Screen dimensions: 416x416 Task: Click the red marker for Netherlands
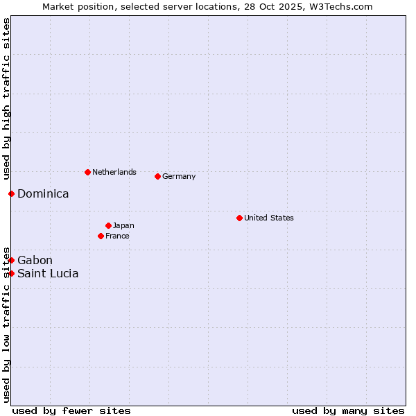(x=87, y=172)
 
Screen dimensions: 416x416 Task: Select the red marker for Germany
(x=157, y=176)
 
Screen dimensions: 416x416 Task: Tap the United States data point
(x=239, y=218)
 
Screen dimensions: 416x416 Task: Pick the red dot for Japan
(x=108, y=225)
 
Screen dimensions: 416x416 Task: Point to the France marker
(x=101, y=236)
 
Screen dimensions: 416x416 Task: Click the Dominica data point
(x=12, y=193)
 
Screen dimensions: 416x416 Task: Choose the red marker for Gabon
(x=12, y=260)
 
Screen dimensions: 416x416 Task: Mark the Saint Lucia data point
(x=12, y=273)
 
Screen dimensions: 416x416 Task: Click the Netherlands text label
(x=114, y=172)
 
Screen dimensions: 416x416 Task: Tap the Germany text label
(x=179, y=176)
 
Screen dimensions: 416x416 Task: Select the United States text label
(x=269, y=218)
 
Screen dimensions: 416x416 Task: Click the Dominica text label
(x=43, y=193)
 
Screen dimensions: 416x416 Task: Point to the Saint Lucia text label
(x=48, y=273)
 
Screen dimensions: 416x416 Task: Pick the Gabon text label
(x=35, y=260)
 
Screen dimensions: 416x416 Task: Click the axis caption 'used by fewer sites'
(x=71, y=410)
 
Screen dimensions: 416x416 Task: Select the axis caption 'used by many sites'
(x=348, y=410)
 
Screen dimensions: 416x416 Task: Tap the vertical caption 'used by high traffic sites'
(x=6, y=99)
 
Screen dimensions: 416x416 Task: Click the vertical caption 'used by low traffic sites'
(x=6, y=324)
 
